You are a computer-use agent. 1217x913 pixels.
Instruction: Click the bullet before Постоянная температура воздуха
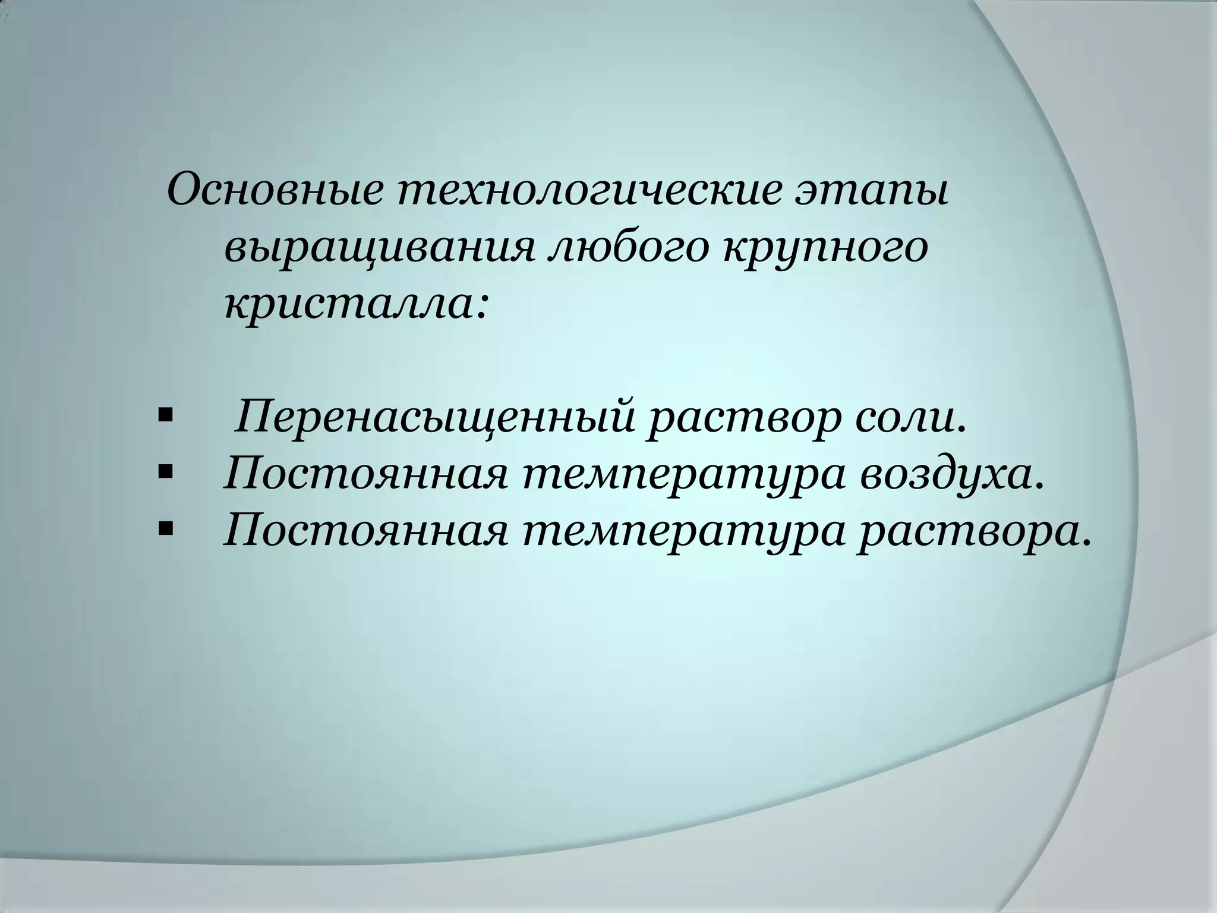[x=165, y=471]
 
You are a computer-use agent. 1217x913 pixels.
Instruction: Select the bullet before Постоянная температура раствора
[x=165, y=526]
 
